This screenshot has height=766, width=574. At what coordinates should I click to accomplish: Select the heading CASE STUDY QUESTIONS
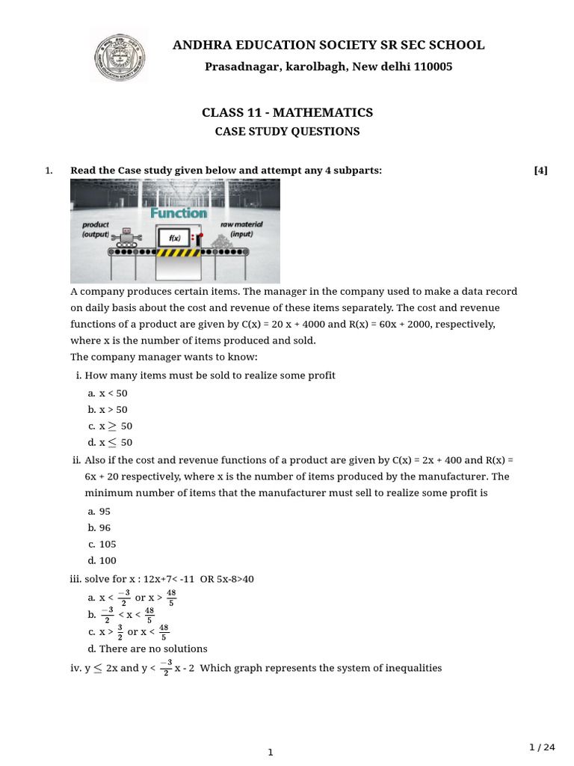pyautogui.click(x=287, y=132)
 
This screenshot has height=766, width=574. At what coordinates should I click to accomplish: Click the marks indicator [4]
pyautogui.click(x=540, y=171)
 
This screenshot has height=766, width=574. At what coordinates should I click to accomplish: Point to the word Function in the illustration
pyautogui.click(x=179, y=213)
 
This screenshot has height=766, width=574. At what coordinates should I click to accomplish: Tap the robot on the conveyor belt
pyautogui.click(x=128, y=237)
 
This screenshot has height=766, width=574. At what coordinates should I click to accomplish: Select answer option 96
pyautogui.click(x=105, y=527)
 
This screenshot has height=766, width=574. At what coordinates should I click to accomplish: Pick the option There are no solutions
pyautogui.click(x=153, y=649)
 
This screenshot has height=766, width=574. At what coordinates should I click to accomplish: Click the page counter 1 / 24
pyautogui.click(x=542, y=747)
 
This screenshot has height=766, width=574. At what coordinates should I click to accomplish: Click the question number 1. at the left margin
pyautogui.click(x=49, y=171)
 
